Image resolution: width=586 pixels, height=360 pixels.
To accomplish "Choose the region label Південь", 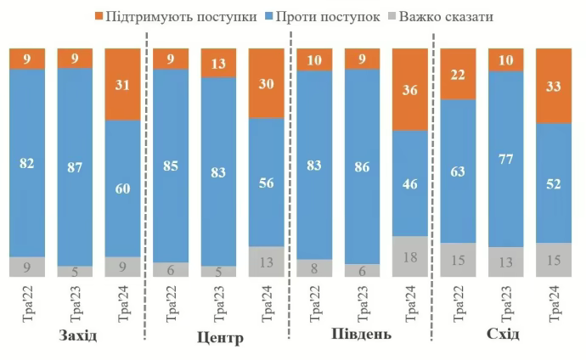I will tap(360, 334).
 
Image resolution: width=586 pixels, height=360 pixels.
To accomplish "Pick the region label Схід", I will tap(504, 334).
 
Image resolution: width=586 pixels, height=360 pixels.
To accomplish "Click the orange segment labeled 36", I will tap(410, 89).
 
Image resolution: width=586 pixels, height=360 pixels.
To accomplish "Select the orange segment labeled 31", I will tap(122, 84).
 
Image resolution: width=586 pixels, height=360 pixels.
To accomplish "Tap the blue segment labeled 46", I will tap(410, 183).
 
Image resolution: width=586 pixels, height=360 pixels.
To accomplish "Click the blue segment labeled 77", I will tap(505, 159).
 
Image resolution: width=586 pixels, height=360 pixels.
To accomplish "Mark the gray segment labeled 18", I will tap(410, 256).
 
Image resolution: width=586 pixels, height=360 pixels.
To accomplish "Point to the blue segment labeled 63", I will tap(458, 171).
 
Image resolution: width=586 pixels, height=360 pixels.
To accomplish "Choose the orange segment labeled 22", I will tap(458, 74).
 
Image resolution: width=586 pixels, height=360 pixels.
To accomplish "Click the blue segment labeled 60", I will tap(122, 188).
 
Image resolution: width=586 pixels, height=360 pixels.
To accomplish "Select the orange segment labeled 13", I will tap(218, 63).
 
